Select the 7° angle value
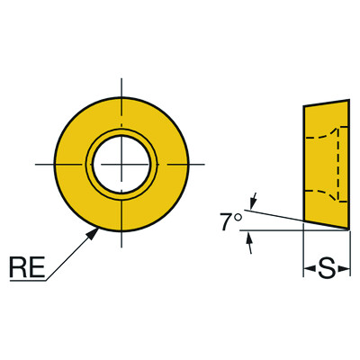pos(231,219)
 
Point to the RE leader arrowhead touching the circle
pos(95,230)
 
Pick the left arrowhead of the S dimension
pos(308,268)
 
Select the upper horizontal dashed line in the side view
pos(319,138)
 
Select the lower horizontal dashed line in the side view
pos(319,193)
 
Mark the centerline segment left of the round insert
pos(44,164)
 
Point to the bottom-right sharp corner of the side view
pos(348,229)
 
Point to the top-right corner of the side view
pos(348,101)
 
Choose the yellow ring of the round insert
pos(72,164)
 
